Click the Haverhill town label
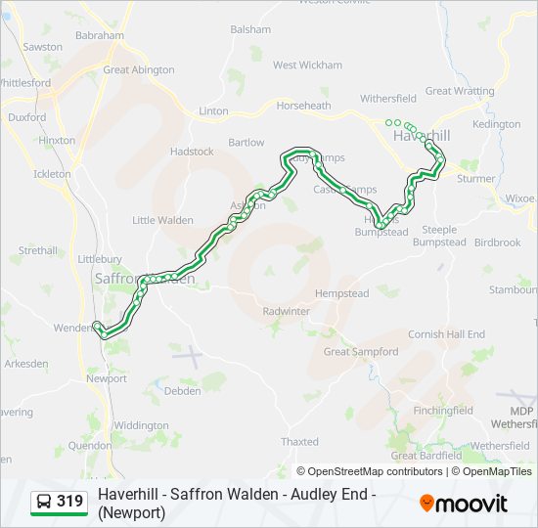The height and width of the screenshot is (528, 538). [x=422, y=135]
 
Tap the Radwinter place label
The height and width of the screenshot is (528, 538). [x=286, y=311]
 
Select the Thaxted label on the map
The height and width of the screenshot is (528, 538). [x=299, y=442]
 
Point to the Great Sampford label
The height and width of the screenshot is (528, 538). [x=361, y=351]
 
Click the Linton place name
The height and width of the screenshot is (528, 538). [x=213, y=111]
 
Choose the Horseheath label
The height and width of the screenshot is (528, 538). [x=303, y=106]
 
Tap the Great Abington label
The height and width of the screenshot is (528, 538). [x=139, y=70]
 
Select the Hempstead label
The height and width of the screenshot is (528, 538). [x=341, y=293]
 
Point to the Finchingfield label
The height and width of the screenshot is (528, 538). [x=442, y=411]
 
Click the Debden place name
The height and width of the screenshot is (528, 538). [x=183, y=391]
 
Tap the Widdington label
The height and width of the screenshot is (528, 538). [x=141, y=425]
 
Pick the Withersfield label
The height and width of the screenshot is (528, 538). [x=388, y=99]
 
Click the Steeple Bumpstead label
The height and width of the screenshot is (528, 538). [x=439, y=236]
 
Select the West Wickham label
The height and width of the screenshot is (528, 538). [x=307, y=66]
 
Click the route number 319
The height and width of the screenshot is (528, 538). [x=69, y=502]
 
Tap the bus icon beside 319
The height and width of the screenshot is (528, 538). [x=44, y=502]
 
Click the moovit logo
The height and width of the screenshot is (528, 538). [x=464, y=504]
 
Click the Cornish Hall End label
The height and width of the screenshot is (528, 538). [x=446, y=334]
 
